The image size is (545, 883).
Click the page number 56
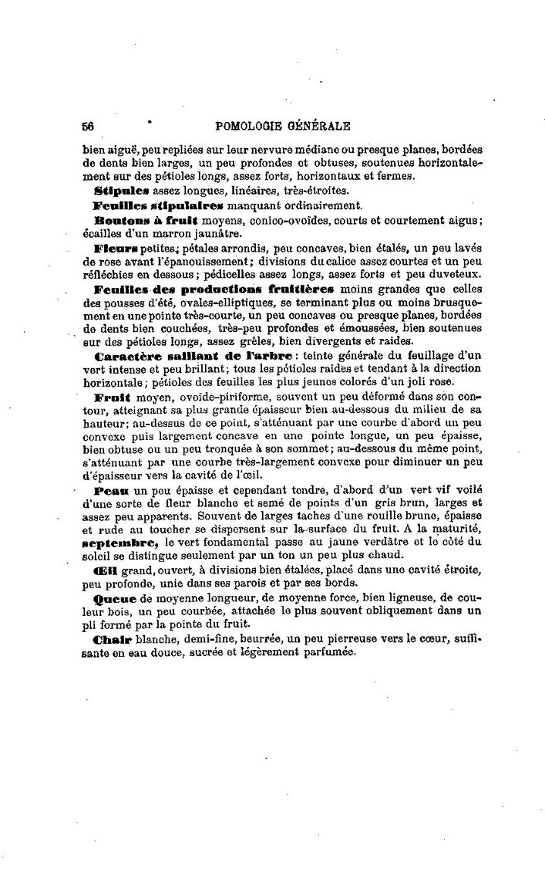[x=87, y=126]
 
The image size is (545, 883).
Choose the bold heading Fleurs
[x=116, y=249]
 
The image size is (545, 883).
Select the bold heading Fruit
[x=111, y=397]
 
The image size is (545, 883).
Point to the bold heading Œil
[x=106, y=572]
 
